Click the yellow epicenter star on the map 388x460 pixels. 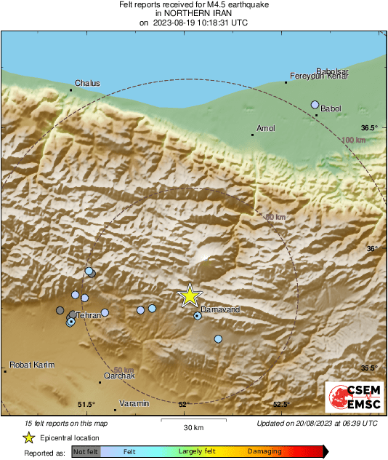[190, 295]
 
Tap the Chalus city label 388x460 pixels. [87, 83]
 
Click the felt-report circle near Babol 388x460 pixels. [315, 105]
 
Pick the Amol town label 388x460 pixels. [267, 128]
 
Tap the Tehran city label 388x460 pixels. [88, 315]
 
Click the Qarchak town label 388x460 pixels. [119, 376]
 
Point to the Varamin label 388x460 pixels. [134, 403]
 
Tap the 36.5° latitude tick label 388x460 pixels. [371, 127]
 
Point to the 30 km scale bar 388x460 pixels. [193, 421]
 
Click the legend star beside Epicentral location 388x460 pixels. [28, 437]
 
